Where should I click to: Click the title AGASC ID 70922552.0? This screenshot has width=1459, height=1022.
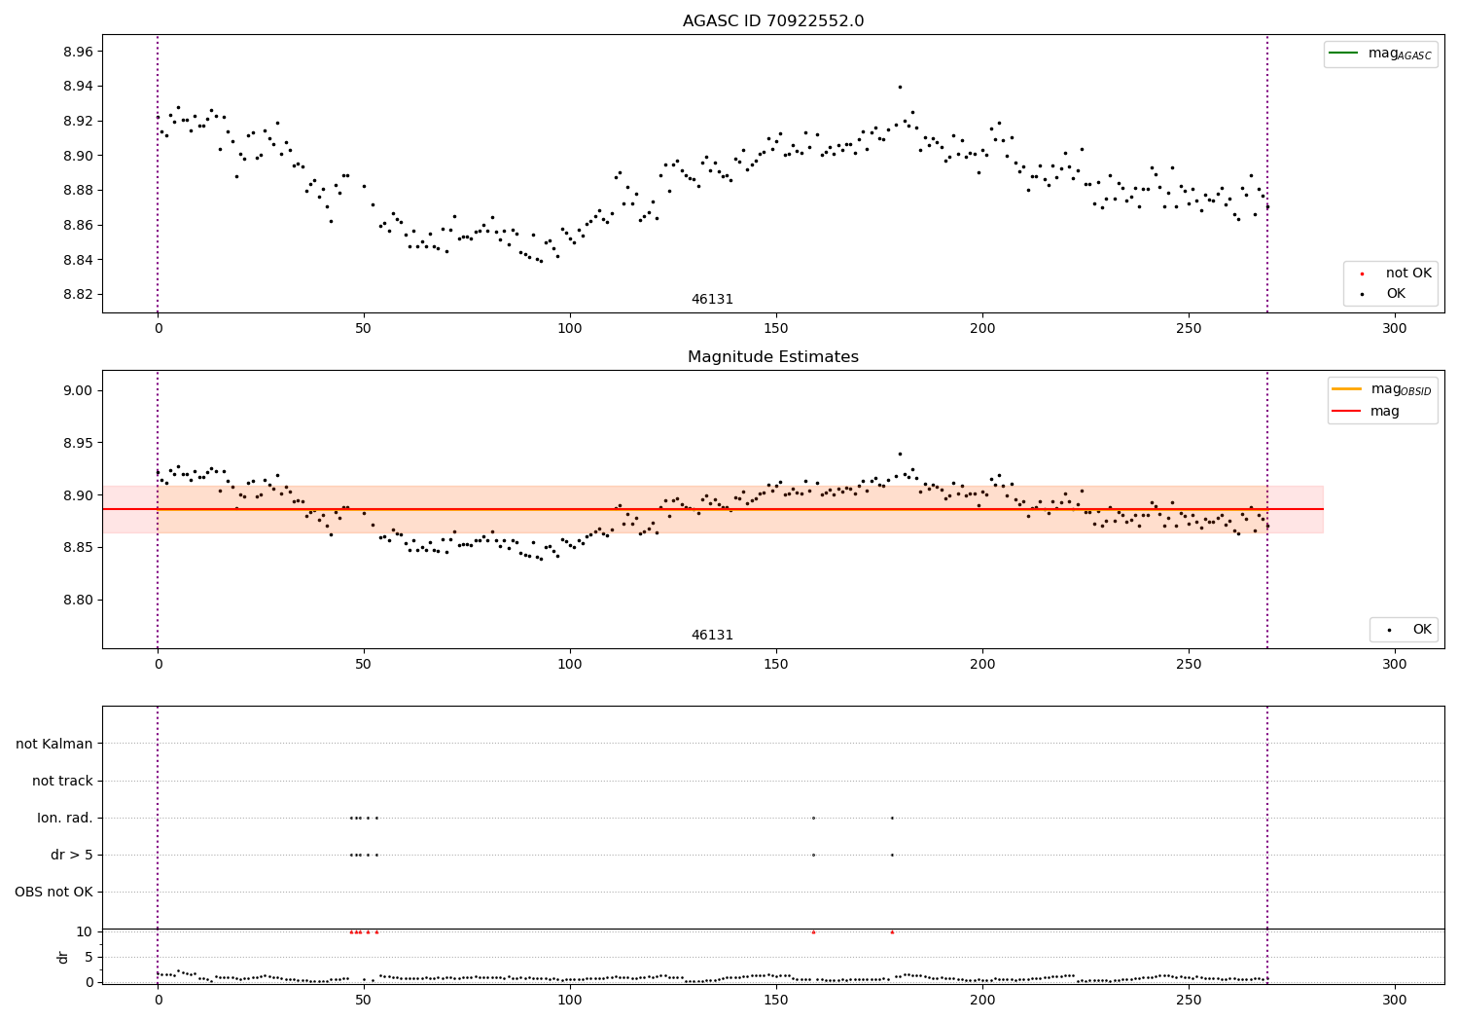pyautogui.click(x=772, y=21)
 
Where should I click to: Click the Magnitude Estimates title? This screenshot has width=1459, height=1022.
pyautogui.click(x=772, y=357)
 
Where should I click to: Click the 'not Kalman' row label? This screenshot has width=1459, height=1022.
pyautogui.click(x=54, y=744)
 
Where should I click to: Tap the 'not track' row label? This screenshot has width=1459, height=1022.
pyautogui.click(x=62, y=781)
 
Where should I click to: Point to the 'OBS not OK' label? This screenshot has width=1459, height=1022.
pyautogui.click(x=53, y=892)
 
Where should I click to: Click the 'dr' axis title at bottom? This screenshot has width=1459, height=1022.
pyautogui.click(x=63, y=957)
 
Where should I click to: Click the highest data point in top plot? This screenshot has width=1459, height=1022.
pyautogui.click(x=900, y=87)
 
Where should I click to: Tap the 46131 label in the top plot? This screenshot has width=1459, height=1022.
pyautogui.click(x=712, y=300)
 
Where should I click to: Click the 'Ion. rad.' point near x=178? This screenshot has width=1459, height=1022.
pyautogui.click(x=892, y=818)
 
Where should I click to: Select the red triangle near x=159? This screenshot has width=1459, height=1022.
pyautogui.click(x=813, y=931)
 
